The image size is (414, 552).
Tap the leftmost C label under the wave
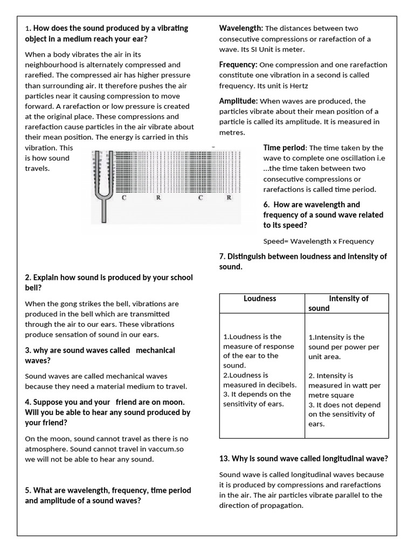point(124,198)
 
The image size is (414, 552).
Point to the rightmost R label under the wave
point(229,198)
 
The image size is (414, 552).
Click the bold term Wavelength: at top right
point(241,28)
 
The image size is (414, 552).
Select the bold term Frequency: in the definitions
point(239,65)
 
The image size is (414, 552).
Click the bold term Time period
point(284,148)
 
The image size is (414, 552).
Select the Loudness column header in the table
point(260,298)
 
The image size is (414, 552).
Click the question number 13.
point(224,459)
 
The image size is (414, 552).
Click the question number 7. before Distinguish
point(222,257)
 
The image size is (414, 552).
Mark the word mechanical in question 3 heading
point(155,350)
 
